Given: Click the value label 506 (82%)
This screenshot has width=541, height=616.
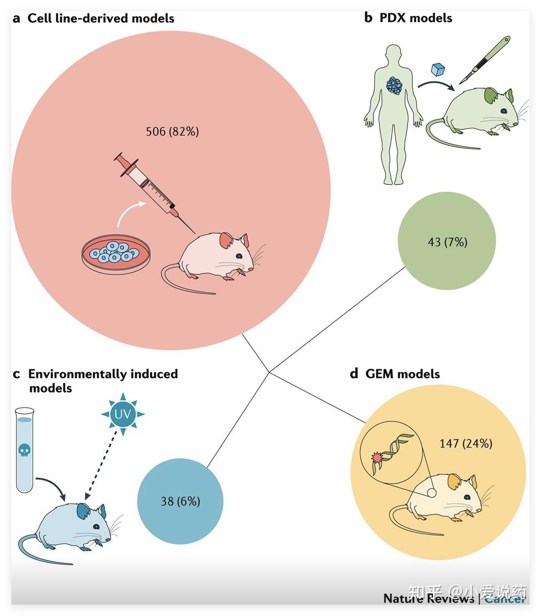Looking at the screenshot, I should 172,132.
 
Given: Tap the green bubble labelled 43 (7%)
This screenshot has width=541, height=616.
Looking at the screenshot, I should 446,242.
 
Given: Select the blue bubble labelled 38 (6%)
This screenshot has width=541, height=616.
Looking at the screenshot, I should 180,501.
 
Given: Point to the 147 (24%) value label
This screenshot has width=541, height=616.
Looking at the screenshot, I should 465,443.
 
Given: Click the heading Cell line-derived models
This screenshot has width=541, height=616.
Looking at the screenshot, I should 101,18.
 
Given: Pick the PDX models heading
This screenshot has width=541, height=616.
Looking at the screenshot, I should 415,18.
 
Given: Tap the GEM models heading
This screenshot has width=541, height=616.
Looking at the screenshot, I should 402,374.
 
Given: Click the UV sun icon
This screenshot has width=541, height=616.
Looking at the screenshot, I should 122,413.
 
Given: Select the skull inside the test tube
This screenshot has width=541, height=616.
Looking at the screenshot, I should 24,451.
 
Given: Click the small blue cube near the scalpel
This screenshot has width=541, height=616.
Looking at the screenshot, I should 437,69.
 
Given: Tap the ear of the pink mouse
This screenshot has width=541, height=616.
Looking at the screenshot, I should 226,241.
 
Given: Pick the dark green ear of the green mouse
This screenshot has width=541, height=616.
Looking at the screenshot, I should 491,95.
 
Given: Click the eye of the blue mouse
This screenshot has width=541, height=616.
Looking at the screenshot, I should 95,526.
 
